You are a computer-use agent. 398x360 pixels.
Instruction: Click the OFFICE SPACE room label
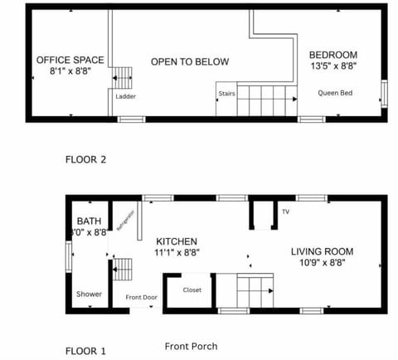coord(70,60)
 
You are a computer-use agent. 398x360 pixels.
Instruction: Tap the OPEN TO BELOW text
coord(190,62)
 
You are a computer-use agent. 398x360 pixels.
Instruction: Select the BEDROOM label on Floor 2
coord(334,55)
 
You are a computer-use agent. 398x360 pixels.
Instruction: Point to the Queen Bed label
coord(335,93)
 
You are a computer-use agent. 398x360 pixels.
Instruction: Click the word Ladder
coord(126,96)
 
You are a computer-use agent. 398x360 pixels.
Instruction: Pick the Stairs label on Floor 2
coord(226,94)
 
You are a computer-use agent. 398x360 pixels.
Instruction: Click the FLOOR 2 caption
coord(85,159)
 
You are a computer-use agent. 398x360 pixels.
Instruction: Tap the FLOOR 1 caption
coord(85,351)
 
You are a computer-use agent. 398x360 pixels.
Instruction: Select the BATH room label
coord(90,221)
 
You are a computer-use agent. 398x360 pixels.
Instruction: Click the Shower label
coord(89,294)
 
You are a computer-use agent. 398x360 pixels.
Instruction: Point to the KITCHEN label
coord(177,241)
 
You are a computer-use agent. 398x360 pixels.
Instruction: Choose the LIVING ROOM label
coord(322,251)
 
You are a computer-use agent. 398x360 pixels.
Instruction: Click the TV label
coord(285,212)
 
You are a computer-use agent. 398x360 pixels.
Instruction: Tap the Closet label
coord(192,290)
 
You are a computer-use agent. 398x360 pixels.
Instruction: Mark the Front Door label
coord(142,297)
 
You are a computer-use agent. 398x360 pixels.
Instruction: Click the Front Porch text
coord(192,346)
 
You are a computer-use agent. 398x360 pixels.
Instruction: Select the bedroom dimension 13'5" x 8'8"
coord(334,66)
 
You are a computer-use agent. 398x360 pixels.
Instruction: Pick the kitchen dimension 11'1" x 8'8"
coord(177,252)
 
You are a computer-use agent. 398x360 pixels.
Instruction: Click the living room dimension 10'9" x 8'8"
coord(322,262)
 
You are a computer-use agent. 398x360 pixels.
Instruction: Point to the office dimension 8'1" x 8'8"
coord(70,71)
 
